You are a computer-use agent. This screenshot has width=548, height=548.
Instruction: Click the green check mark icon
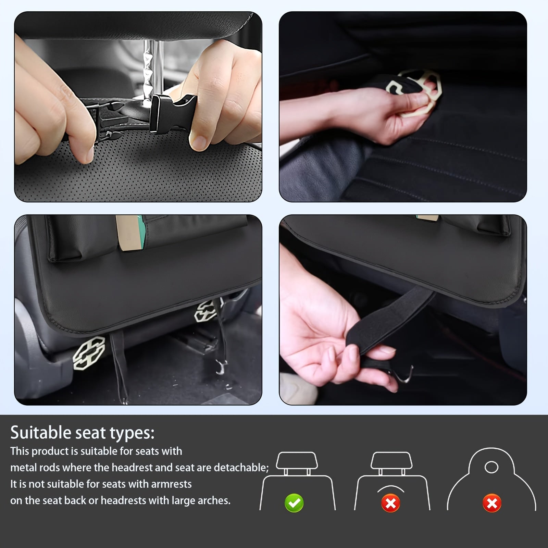click(294, 503)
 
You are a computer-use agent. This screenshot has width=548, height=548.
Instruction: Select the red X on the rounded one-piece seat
click(492, 503)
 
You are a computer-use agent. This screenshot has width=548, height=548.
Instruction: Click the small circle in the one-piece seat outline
click(491, 467)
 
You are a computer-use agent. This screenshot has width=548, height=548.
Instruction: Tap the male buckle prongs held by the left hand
click(103, 116)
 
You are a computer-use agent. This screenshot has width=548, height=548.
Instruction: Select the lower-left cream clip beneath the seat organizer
click(89, 353)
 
